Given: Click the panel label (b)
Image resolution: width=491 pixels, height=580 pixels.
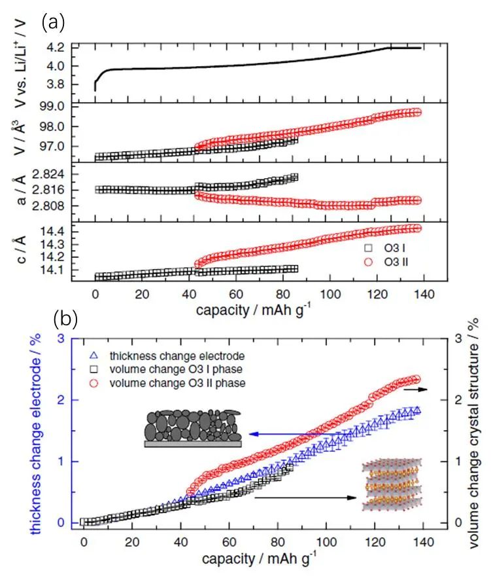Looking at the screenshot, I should [65, 319].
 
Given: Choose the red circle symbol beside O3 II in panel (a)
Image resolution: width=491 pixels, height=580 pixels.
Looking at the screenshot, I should [369, 262].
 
